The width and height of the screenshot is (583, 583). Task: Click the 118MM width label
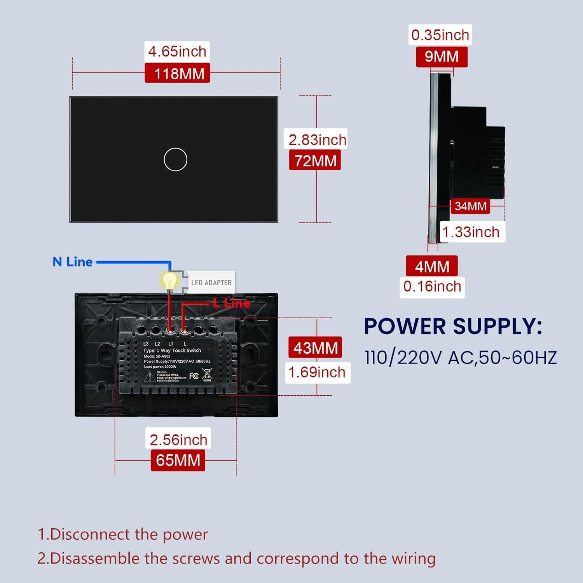coord(178,73)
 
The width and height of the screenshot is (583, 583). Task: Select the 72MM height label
coord(315,161)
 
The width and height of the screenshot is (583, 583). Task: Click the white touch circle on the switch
coord(175,159)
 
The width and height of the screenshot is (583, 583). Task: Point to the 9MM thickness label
coord(442,57)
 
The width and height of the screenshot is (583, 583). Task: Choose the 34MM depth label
coord(470,206)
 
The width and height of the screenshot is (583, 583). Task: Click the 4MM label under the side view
coord(432,267)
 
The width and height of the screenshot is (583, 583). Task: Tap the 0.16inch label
coord(432,287)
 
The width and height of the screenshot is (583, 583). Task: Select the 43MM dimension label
coord(315,348)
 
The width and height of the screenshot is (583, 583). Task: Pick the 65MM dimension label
coord(178,460)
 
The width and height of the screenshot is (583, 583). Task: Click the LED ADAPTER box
coord(211,283)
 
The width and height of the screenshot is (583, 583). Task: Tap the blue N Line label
coord(73,262)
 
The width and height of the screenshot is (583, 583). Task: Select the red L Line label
coord(231,303)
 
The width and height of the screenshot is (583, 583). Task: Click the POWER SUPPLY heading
coord(453,326)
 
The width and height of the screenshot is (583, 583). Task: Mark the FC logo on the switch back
coord(194,376)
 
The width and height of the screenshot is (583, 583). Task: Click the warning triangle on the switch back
coord(150,377)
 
